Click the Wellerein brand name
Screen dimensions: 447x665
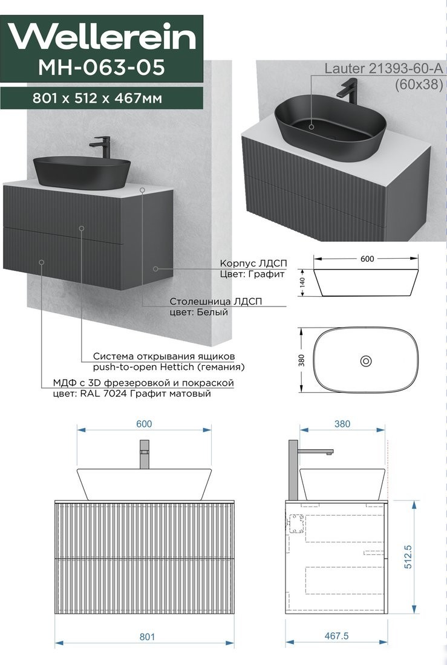[x=102, y=37]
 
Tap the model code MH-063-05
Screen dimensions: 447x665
[x=102, y=67]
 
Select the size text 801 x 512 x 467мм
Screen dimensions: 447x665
[x=97, y=99]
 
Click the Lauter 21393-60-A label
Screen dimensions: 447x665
[x=383, y=68]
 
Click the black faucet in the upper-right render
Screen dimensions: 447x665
[x=349, y=90]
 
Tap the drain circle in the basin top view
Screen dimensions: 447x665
[x=366, y=361]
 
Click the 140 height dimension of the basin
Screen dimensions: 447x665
[x=302, y=282]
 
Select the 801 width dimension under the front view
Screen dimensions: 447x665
[x=147, y=637]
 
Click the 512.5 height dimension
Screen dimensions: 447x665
[x=408, y=556]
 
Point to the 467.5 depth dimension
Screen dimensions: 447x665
[x=336, y=636]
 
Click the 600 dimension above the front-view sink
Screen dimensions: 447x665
[x=144, y=424]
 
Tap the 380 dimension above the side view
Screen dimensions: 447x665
[x=342, y=424]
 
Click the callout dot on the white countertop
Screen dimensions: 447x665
[x=143, y=190]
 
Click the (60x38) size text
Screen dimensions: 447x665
[x=419, y=85]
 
